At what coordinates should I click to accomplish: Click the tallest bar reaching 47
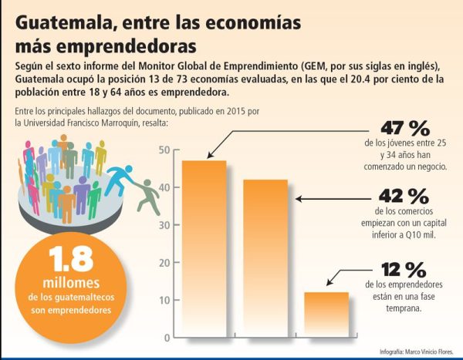(204, 248)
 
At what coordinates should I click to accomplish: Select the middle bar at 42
(265, 258)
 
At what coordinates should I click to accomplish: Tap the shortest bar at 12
(326, 314)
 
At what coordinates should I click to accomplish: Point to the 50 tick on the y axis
(164, 150)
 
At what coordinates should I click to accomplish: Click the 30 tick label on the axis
(164, 225)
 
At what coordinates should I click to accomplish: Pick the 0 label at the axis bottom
(167, 338)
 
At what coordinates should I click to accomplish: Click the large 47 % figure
(405, 128)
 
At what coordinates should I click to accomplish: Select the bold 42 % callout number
(404, 196)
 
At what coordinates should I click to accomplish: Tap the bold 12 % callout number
(404, 269)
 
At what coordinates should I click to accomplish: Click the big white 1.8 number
(71, 259)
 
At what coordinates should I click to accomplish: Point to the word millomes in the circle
(71, 283)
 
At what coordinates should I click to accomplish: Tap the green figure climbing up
(147, 197)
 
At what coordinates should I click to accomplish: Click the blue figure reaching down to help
(120, 180)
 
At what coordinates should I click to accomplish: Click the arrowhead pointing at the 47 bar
(210, 155)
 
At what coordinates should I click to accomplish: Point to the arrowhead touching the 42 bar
(299, 199)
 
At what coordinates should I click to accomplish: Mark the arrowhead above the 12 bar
(330, 282)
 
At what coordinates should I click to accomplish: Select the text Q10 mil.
(421, 235)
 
